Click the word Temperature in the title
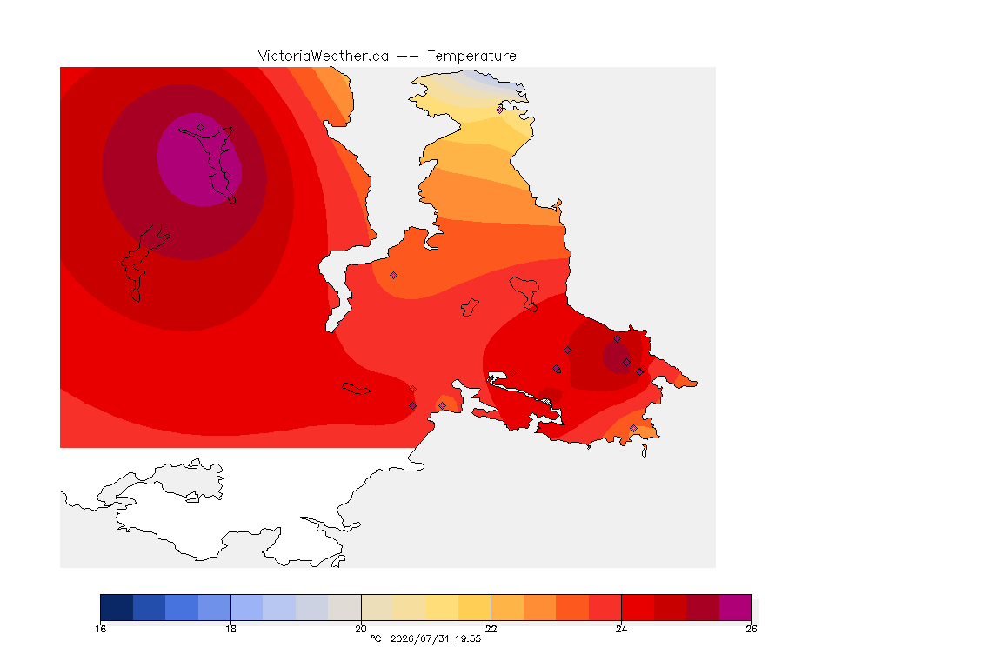pyautogui.click(x=471, y=57)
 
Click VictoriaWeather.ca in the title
pyautogui.click(x=324, y=57)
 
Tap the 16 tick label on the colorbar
pyautogui.click(x=100, y=629)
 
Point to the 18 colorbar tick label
pyautogui.click(x=230, y=629)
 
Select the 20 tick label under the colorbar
pyautogui.click(x=361, y=629)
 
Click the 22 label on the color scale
pyautogui.click(x=491, y=629)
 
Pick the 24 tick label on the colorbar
pyautogui.click(x=621, y=629)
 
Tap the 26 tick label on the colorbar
pyautogui.click(x=751, y=629)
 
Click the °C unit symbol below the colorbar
pyautogui.click(x=376, y=638)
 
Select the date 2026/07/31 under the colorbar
pyautogui.click(x=420, y=638)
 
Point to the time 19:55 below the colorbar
pyautogui.click(x=468, y=638)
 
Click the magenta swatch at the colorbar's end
pyautogui.click(x=736, y=607)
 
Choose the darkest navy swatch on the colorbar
pyautogui.click(x=117, y=607)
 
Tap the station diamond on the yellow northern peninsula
pyautogui.click(x=500, y=110)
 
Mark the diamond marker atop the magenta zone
pyautogui.click(x=201, y=128)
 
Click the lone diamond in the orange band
pyautogui.click(x=394, y=276)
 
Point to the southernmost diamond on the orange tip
pyautogui.click(x=633, y=428)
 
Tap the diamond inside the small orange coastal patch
pyautogui.click(x=442, y=406)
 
